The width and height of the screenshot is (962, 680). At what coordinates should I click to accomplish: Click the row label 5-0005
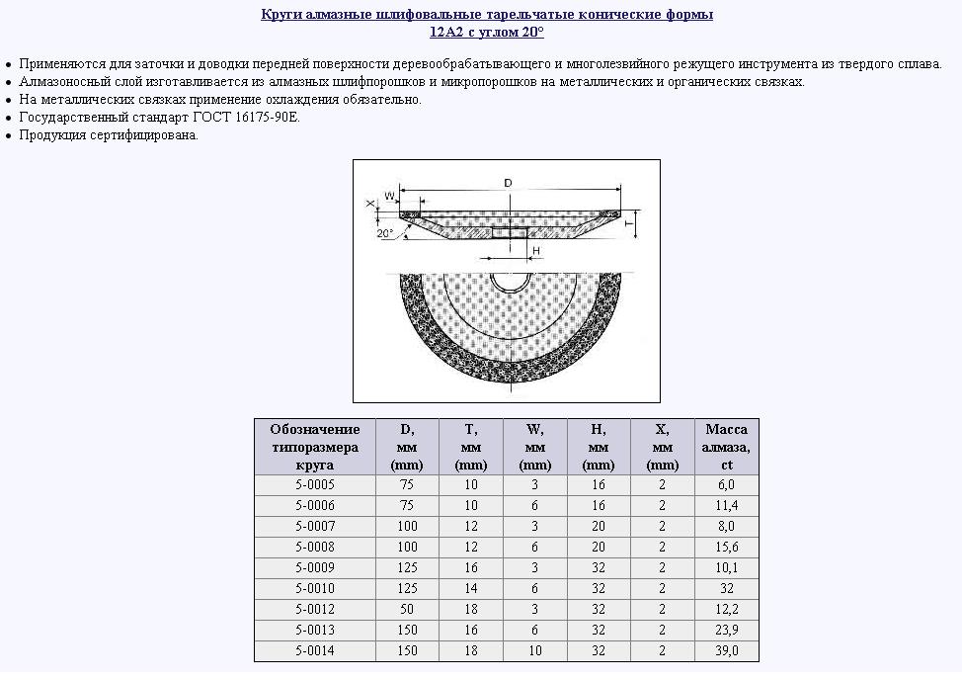[315, 484]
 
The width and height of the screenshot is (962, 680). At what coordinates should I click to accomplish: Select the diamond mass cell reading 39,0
[726, 651]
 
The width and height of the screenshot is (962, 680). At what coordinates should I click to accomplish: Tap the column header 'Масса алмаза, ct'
[726, 447]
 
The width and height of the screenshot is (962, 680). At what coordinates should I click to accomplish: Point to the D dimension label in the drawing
[508, 184]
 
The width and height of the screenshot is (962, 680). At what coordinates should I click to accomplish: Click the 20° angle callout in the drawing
[385, 234]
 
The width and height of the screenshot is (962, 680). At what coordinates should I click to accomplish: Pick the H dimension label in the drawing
[535, 252]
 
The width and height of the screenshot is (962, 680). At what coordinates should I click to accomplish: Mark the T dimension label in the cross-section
[629, 224]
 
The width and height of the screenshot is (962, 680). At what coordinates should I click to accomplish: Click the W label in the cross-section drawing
[389, 196]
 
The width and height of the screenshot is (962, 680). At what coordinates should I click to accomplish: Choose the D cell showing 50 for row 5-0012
[407, 610]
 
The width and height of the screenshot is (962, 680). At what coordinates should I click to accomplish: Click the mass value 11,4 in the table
[726, 505]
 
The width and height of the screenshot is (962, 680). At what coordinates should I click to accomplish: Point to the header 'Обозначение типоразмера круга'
[315, 447]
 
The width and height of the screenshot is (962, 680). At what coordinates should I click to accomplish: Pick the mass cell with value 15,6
[726, 547]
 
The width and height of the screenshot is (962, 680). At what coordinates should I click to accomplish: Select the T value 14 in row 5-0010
[470, 589]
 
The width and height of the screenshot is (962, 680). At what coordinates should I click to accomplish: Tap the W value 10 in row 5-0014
[534, 651]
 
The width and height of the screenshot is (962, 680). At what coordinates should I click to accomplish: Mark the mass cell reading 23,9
[726, 631]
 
